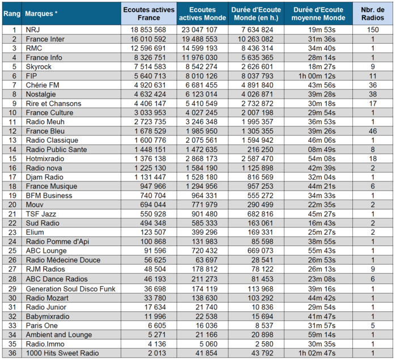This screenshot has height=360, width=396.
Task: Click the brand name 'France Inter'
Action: click(x=45, y=39)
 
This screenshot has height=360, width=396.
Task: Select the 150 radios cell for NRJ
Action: click(x=373, y=30)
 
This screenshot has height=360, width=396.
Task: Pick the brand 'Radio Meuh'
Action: click(x=44, y=122)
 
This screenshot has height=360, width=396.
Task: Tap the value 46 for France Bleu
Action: click(x=373, y=131)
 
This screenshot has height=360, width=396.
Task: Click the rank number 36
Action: click(x=12, y=353)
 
